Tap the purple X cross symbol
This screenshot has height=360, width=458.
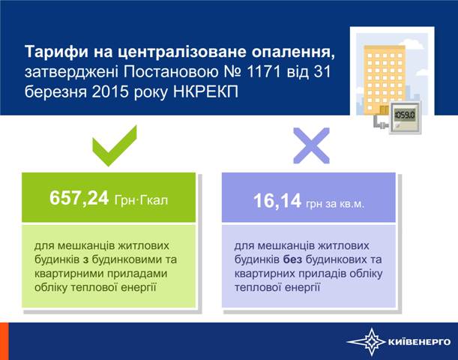[x=311, y=145]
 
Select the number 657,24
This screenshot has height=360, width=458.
[x=79, y=199]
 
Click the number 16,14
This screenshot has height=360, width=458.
[x=277, y=201]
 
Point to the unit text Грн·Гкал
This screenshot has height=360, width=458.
[x=141, y=200]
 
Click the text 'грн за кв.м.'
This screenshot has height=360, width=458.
[x=335, y=203]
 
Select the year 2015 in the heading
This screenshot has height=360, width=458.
[x=110, y=91]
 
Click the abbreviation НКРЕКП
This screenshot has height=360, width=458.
[x=205, y=91]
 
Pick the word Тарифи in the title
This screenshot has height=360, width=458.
[x=56, y=52]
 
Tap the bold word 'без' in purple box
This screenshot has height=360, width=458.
[x=292, y=259]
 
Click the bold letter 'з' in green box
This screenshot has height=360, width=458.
[x=85, y=260]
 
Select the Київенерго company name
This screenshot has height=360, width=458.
[x=419, y=341]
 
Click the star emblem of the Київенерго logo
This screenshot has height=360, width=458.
[x=370, y=342]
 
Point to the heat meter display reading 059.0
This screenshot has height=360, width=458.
[x=404, y=115]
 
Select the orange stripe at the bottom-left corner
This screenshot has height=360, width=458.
[x=4, y=341]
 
